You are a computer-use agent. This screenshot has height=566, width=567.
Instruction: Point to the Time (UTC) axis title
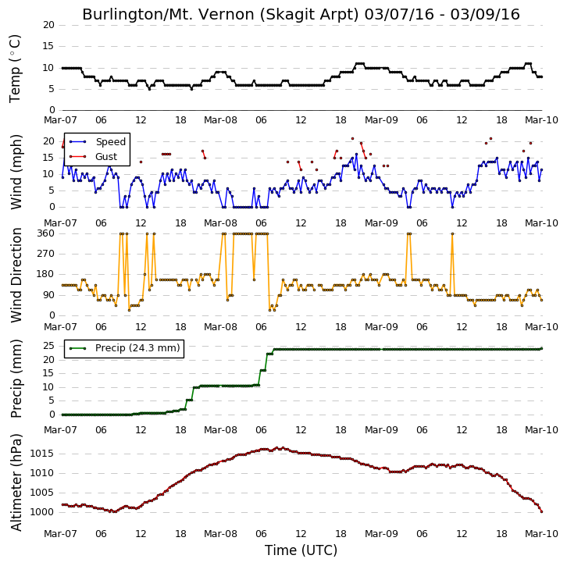tap(301, 550)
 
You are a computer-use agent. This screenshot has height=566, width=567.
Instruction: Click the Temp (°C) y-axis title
tap(15, 69)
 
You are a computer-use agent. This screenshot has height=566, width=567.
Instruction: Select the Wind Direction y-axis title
tap(16, 275)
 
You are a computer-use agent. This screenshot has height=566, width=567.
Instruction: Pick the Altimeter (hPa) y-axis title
tap(16, 482)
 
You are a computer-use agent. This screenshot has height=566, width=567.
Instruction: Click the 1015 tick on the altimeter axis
tap(41, 454)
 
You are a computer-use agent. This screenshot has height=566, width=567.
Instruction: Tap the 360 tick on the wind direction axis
tap(46, 233)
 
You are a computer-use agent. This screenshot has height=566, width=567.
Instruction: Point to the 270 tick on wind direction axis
tap(46, 254)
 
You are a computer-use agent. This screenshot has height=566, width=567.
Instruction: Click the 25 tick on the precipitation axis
tap(49, 346)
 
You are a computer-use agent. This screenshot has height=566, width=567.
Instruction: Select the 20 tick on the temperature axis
tap(49, 25)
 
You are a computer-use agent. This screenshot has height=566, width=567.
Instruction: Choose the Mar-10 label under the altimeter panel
tap(541, 534)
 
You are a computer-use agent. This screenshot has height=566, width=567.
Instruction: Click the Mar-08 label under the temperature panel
tap(220, 120)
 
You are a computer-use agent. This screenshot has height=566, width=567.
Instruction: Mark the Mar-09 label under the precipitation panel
tap(381, 430)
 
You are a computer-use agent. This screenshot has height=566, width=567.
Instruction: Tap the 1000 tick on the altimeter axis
tap(41, 512)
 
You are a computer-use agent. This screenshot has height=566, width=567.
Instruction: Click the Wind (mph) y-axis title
tap(16, 172)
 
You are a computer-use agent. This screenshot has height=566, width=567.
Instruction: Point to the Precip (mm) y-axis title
tap(16, 379)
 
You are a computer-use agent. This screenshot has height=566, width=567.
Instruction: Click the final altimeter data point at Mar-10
tap(542, 511)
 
